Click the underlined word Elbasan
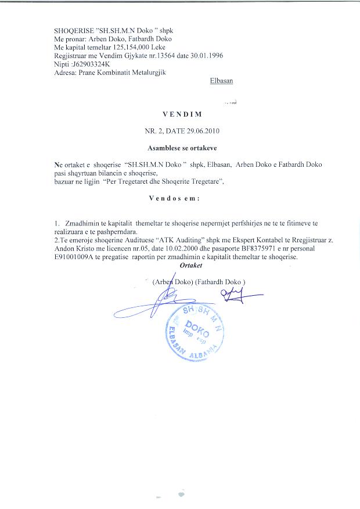pos(221,81)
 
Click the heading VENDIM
pos(180,115)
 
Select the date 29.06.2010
pos(200,131)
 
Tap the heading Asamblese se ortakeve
pos(180,148)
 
